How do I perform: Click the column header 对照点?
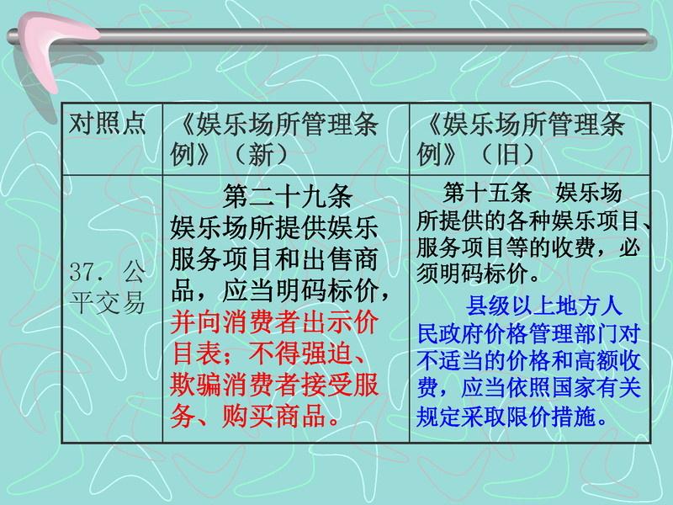coord(108,124)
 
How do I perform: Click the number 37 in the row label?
coord(82,272)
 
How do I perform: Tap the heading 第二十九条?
coord(287,196)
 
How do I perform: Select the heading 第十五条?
coord(487,192)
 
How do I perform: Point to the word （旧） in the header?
coord(507,154)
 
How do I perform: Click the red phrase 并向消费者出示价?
coord(274,322)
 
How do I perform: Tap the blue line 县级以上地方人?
coord(543,306)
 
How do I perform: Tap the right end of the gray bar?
coord(649,36)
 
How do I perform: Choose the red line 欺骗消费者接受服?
coord(274,385)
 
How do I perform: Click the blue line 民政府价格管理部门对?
coord(529,333)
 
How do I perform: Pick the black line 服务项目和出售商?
coord(274,259)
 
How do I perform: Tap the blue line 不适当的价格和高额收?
coord(529,361)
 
